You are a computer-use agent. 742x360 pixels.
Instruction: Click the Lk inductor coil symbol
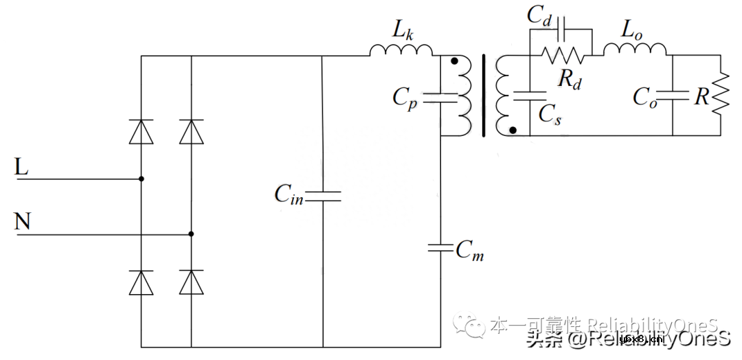(x=401, y=50)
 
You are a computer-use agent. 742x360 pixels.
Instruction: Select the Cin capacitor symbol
(x=323, y=197)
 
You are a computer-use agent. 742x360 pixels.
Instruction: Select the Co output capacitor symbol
(x=673, y=97)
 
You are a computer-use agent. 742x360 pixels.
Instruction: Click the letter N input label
(x=23, y=221)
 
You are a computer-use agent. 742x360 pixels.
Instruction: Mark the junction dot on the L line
(x=142, y=179)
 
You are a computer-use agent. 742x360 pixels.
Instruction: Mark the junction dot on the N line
(x=191, y=234)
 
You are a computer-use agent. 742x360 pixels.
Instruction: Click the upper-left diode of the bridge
(x=142, y=131)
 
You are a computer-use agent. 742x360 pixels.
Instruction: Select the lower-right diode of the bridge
(x=191, y=282)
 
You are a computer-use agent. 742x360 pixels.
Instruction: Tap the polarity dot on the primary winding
(x=454, y=62)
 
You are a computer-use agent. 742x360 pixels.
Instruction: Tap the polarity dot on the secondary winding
(x=513, y=129)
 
